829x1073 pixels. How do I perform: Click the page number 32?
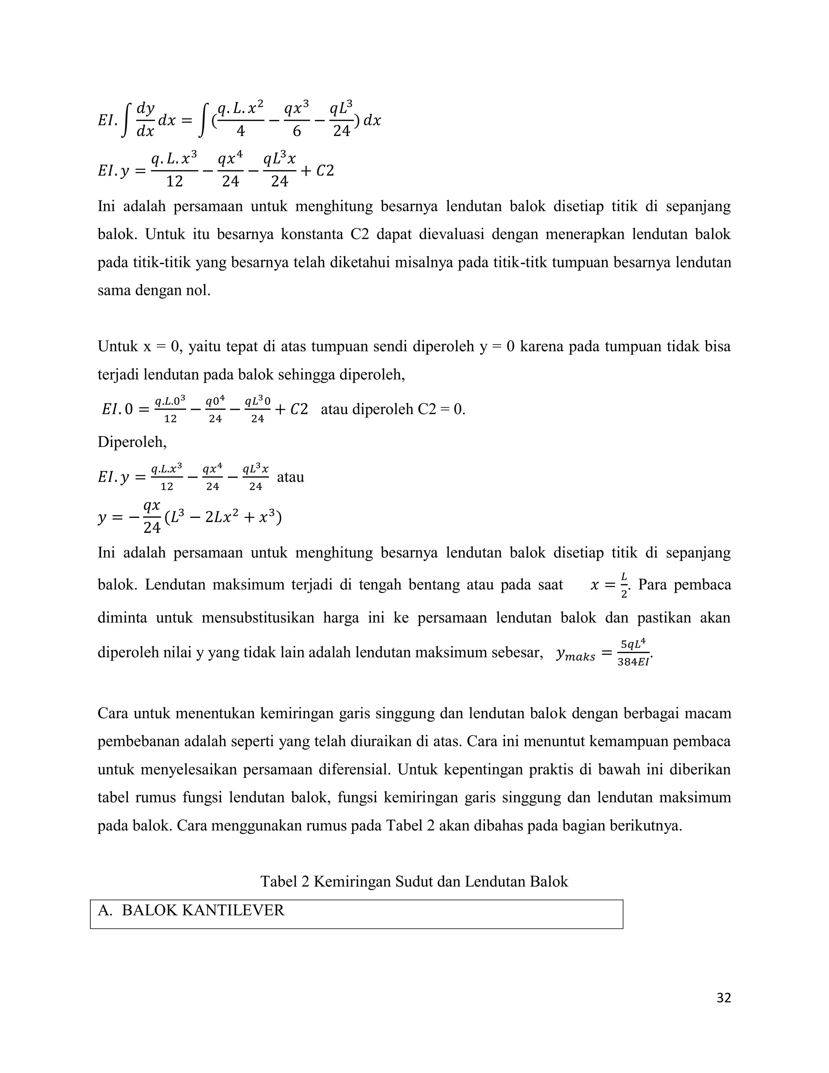point(723,998)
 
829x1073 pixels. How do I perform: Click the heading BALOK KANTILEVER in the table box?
point(203,910)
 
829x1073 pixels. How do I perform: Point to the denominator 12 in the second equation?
point(174,182)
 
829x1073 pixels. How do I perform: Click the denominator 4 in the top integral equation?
point(241,131)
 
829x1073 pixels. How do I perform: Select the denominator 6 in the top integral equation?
point(297,131)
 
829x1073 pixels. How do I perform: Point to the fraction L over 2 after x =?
point(624,585)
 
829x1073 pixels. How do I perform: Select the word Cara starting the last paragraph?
point(113,713)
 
